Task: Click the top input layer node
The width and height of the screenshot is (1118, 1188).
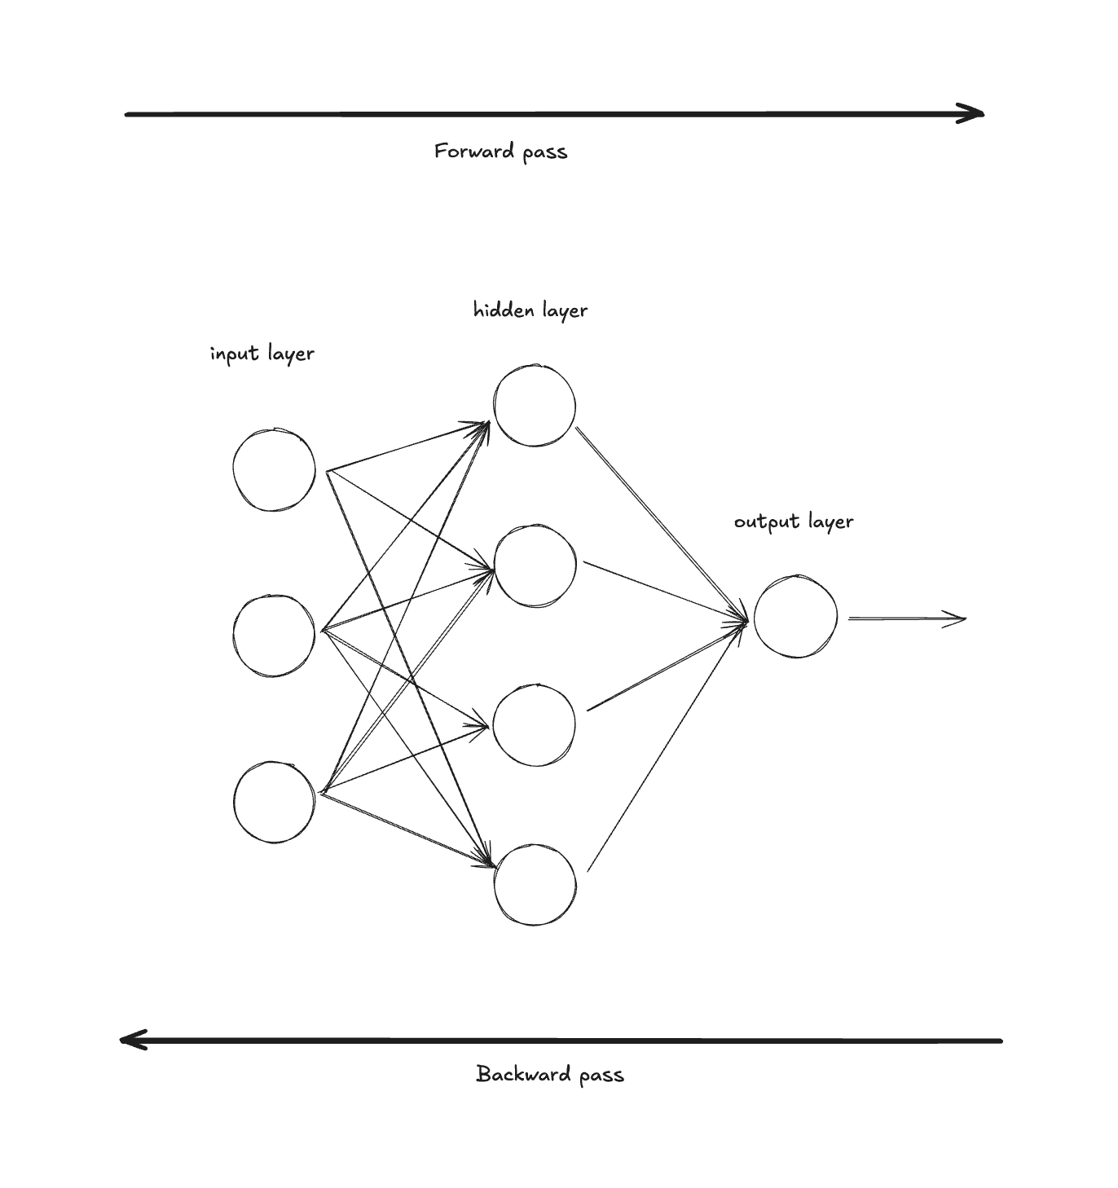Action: coord(274,470)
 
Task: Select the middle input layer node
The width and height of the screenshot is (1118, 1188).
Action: coord(274,636)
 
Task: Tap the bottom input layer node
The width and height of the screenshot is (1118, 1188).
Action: coord(274,802)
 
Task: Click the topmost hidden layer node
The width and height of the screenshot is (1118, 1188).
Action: coord(535,406)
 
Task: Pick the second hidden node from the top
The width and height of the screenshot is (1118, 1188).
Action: coord(535,565)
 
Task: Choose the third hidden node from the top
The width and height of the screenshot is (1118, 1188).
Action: coord(535,725)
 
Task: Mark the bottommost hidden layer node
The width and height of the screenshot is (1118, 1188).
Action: coord(535,885)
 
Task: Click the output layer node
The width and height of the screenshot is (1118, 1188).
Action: coord(795,617)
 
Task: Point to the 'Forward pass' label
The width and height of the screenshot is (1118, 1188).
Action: coord(500,152)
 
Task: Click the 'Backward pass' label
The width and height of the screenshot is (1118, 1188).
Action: coord(550,1074)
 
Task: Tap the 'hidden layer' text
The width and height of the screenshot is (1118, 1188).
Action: coord(530,310)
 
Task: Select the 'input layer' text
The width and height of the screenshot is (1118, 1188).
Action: coord(262,354)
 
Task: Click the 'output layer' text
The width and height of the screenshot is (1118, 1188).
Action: coord(794,521)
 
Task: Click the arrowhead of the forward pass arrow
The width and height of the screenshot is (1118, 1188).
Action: coord(974,114)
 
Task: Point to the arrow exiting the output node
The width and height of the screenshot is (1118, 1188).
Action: coord(906,619)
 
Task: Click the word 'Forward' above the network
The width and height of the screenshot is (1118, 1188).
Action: coord(473,152)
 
